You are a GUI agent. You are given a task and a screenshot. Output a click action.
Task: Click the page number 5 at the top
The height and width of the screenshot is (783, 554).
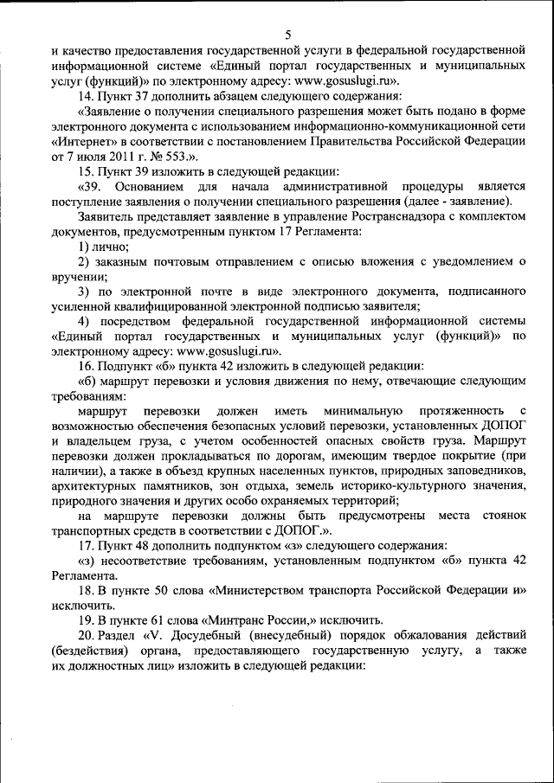287,34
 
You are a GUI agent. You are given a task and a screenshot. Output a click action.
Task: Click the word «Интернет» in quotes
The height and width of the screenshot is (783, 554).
83,140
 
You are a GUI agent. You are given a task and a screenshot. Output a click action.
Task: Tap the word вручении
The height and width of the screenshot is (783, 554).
78,278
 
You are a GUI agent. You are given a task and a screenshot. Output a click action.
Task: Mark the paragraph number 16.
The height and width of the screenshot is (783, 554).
86,366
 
